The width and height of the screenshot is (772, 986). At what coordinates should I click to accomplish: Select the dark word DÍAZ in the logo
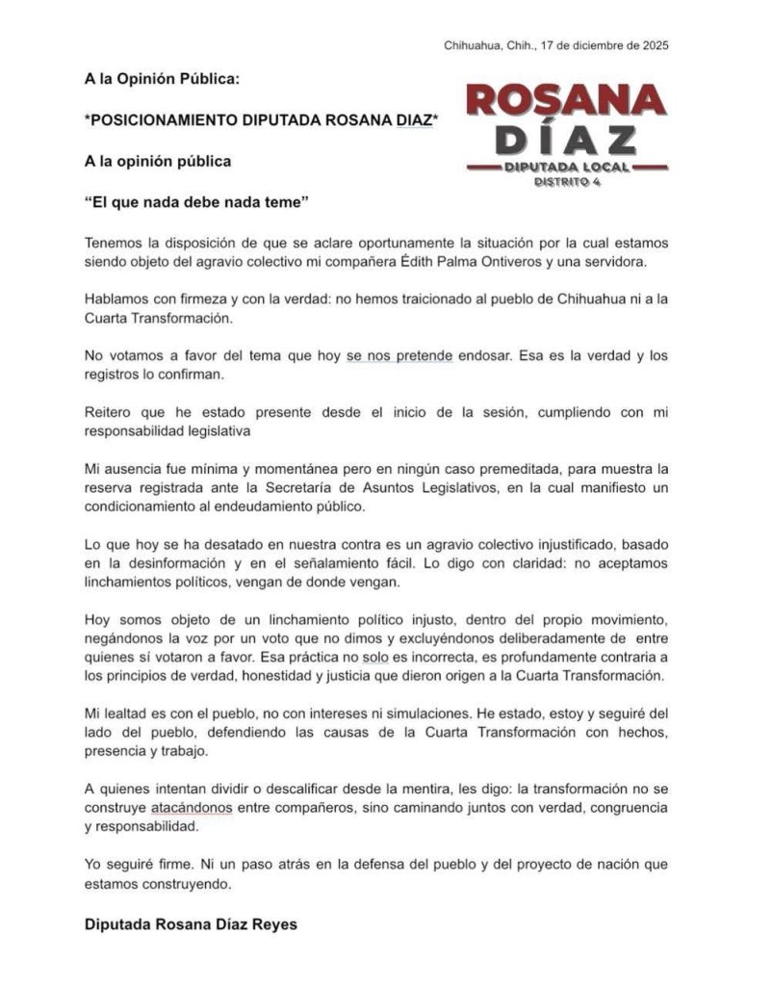(x=564, y=139)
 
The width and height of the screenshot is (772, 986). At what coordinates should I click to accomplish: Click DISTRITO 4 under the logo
(x=567, y=182)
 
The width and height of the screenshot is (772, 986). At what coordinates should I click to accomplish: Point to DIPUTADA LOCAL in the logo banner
(x=566, y=167)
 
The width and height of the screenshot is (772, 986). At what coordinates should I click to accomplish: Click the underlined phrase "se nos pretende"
(x=399, y=355)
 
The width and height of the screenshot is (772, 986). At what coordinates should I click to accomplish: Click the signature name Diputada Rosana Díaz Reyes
(x=192, y=924)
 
